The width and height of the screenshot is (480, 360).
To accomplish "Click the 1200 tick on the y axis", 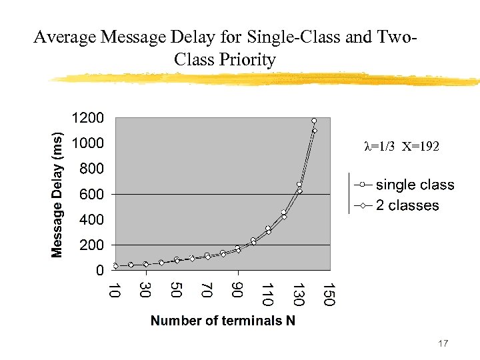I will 87,118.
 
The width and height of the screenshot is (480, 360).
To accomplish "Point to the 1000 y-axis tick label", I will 87,143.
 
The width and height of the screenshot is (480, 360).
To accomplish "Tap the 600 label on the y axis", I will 91,194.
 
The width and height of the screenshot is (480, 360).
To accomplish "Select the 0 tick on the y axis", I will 99,271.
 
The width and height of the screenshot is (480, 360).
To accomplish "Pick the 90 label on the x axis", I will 237,291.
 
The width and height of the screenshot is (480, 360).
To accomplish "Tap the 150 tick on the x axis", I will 329,295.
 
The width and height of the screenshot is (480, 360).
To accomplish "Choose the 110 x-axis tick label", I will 267,295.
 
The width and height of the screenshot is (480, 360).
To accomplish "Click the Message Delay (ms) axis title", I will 58,194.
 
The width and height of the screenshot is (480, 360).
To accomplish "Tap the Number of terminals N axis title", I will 223,321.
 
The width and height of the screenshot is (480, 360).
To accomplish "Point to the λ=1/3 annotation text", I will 381,147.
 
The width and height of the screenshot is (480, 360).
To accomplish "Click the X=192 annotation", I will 421,147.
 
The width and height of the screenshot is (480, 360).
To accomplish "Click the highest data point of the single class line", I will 314,121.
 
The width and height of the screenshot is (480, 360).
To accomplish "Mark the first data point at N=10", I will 115,266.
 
